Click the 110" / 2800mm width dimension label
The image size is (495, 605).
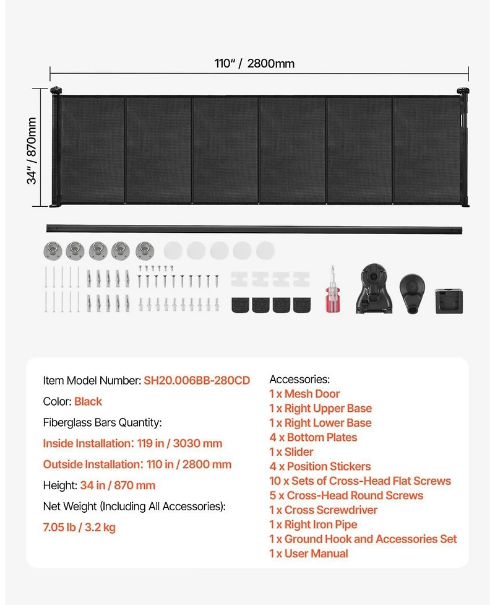coord(254,63)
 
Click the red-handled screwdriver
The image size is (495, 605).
coord(332,290)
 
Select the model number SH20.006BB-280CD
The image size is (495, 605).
coord(197,380)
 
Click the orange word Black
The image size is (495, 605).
coord(88,401)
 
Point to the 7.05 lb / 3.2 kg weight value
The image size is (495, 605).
coord(79,528)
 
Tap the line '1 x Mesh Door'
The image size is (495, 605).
coord(304,394)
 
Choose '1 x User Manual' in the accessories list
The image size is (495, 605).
coord(308,554)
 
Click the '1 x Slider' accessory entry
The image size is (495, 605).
coord(291,452)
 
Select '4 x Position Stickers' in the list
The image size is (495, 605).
coord(320,466)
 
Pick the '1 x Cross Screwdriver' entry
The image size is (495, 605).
coord(323,510)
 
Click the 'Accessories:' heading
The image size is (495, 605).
coord(299,379)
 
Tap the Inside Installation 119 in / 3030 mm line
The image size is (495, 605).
coord(132,443)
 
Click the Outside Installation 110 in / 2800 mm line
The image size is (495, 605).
coord(137,464)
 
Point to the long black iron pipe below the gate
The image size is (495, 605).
coord(254,229)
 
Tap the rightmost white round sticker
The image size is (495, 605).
coord(265,250)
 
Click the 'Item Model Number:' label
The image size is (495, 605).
coord(92,380)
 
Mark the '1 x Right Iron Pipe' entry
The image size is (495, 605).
coord(313,524)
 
